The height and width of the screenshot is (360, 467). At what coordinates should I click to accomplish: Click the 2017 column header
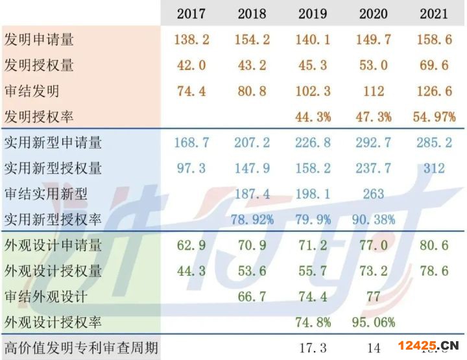coord(191,14)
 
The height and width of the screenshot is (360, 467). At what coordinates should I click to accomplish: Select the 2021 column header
coord(434,14)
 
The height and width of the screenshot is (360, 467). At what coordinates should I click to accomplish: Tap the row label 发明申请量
coord(39,40)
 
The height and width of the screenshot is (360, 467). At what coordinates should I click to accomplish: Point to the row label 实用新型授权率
coord(53,220)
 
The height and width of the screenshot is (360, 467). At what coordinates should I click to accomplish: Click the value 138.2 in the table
coord(191,40)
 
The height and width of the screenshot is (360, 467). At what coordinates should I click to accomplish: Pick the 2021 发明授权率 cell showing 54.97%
coord(434,117)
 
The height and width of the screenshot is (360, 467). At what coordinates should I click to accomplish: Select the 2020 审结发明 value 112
coord(374,91)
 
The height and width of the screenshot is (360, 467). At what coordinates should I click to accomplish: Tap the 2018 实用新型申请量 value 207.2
coord(252,143)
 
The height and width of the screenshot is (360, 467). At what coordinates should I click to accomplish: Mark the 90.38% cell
coord(374,220)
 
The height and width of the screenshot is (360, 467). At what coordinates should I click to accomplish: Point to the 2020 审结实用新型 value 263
coord(374,194)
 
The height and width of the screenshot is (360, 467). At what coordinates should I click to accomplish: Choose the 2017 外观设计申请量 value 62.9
coord(191,246)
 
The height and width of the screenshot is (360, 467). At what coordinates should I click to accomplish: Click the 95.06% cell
coord(374,322)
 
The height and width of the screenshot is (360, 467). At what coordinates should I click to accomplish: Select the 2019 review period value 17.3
coord(313,348)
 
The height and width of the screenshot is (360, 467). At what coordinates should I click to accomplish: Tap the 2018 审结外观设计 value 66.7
coord(252,296)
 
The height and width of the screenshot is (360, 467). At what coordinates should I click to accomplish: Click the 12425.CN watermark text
coord(429,344)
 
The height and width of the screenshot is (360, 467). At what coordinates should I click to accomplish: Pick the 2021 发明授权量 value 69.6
coord(434,66)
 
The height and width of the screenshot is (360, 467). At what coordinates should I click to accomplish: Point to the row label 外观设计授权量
coord(53,271)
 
